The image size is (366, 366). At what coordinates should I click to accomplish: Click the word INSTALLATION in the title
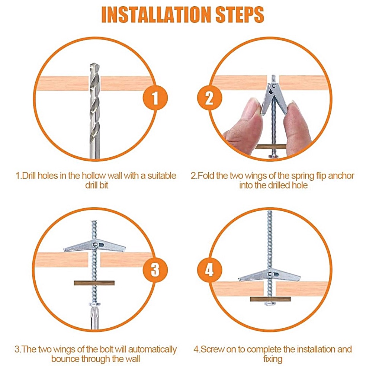[156, 15]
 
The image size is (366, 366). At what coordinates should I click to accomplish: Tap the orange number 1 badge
[155, 98]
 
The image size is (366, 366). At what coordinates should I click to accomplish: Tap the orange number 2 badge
[209, 98]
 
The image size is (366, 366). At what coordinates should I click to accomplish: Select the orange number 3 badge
[155, 270]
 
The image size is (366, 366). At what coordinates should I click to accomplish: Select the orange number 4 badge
[209, 270]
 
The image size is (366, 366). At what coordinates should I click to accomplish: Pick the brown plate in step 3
[94, 283]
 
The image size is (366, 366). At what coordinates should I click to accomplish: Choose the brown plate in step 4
[270, 299]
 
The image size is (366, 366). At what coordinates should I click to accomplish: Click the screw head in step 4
[270, 304]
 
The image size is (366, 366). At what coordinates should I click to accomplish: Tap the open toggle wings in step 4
[270, 276]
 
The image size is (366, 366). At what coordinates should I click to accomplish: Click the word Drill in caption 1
[29, 176]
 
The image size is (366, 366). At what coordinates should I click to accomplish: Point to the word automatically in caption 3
[152, 349]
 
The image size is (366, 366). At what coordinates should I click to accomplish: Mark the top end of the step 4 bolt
[270, 211]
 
